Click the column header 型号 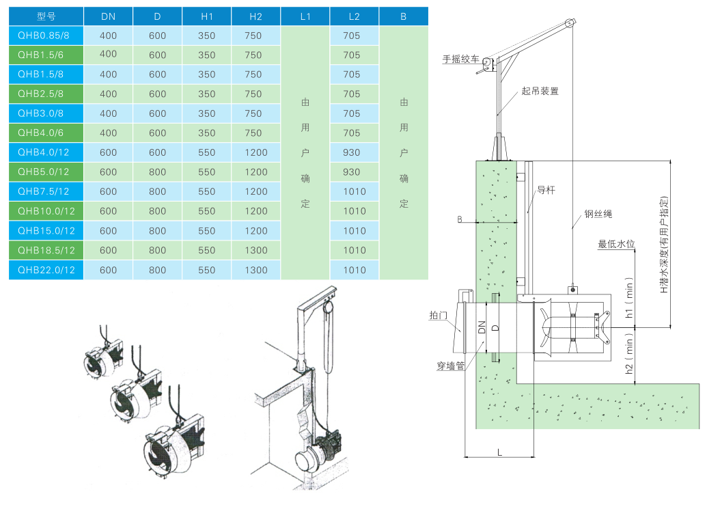click(x=46, y=16)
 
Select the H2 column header click(x=255, y=16)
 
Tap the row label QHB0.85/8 click(x=46, y=36)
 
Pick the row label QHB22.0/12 click(x=46, y=270)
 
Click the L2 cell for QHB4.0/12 click(x=354, y=152)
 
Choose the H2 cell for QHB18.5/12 click(x=255, y=250)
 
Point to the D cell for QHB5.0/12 click(x=157, y=172)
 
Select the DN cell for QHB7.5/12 click(x=108, y=191)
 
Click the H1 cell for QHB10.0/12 click(x=206, y=211)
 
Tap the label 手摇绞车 click(x=461, y=60)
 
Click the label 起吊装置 click(x=540, y=90)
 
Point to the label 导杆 click(x=546, y=189)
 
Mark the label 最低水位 click(x=617, y=244)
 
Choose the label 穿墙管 click(x=451, y=366)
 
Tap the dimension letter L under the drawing click(x=499, y=452)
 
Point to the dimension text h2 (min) click(x=630, y=358)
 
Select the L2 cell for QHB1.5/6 click(x=354, y=55)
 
